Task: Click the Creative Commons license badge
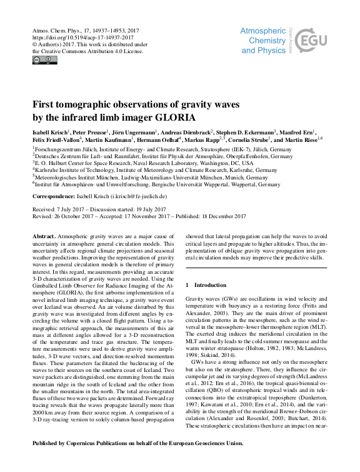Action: [44, 60]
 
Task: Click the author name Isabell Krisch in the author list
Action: [51, 133]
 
